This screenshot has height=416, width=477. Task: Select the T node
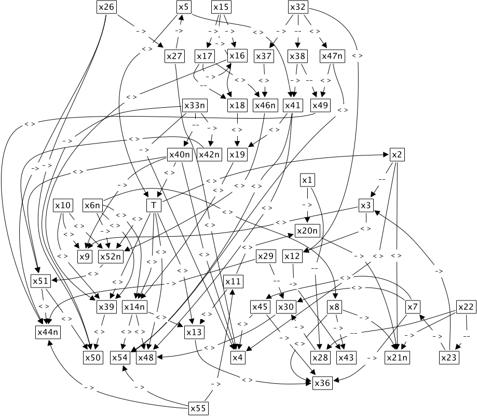[154, 206]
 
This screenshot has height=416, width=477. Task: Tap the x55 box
[198, 408]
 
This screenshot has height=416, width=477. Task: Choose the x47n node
[332, 56]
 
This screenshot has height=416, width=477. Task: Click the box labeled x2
[397, 155]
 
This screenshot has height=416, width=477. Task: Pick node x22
[466, 307]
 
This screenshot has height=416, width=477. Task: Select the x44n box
[48, 332]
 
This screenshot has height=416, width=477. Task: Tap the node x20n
[307, 231]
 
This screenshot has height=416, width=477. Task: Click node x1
[307, 180]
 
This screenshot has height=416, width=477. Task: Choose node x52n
[110, 256]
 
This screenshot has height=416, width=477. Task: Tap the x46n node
[265, 105]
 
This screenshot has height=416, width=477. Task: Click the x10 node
[63, 206]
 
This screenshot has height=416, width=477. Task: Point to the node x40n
[180, 155]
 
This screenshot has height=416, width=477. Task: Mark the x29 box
[265, 256]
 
